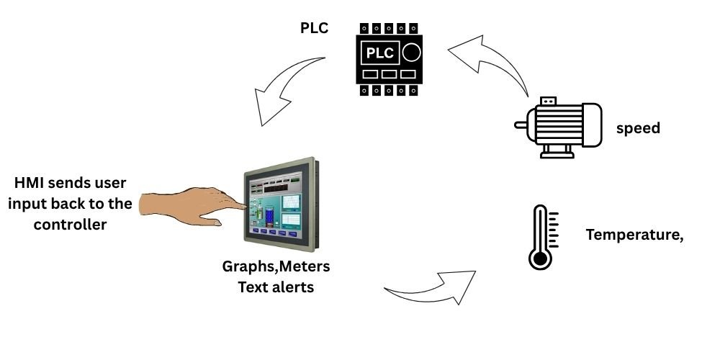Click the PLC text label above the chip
[x=315, y=28]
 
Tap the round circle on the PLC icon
[x=411, y=53]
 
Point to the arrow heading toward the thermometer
[x=432, y=288]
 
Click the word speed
[x=638, y=129]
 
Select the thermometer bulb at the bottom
[x=540, y=258]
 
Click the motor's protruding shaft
[x=521, y=124]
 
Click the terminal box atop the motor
[x=548, y=99]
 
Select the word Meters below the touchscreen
[x=305, y=267]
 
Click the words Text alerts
[x=276, y=287]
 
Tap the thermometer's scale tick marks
[x=554, y=229]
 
